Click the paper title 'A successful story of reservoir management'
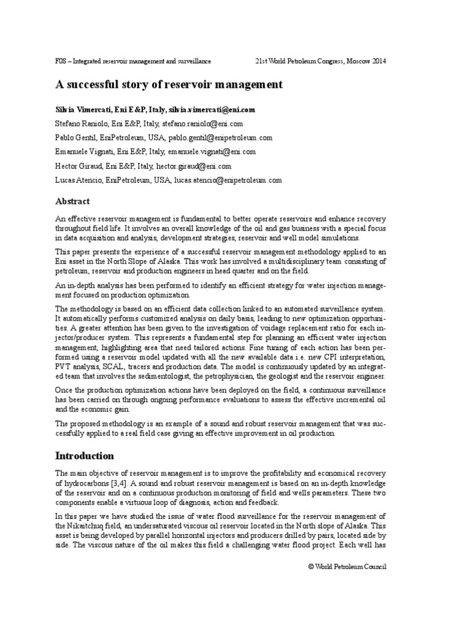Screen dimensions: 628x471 (x=169, y=85)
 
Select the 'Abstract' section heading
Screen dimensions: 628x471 (x=72, y=201)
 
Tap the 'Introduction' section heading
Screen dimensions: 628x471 (x=85, y=456)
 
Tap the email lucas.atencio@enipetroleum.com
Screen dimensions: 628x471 (x=228, y=180)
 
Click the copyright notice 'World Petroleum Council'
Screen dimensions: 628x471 (x=351, y=566)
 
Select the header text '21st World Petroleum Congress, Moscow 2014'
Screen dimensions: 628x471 (x=320, y=61)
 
